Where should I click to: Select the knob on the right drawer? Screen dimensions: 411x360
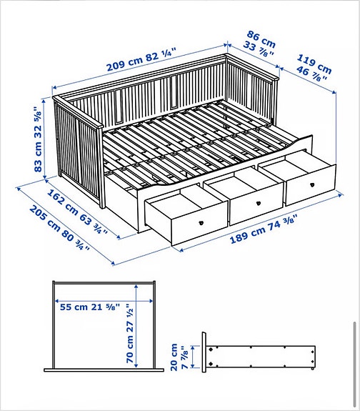tap(312, 185)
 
